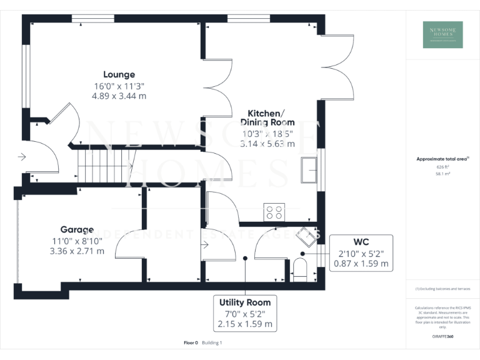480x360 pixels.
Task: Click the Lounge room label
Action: coord(119,74)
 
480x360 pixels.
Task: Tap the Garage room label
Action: coord(77,229)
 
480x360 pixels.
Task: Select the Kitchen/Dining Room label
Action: coord(262,117)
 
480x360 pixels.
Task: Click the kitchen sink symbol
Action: coord(308,171)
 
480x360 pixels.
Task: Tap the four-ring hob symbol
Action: coord(274,212)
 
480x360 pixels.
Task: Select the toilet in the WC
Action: coord(300,269)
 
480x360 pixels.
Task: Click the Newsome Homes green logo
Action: coord(442,34)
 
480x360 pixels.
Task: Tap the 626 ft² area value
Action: coord(442,167)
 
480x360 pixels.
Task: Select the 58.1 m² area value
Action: coord(442,174)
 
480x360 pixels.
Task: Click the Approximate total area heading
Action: coord(442,159)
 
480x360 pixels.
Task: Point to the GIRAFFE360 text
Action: coord(442,337)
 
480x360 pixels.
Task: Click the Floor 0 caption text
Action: coord(191,342)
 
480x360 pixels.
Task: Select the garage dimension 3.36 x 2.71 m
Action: coord(77,251)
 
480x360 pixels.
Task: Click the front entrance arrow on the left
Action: coord(22,157)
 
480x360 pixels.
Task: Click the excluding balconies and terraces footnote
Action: coord(442,289)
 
